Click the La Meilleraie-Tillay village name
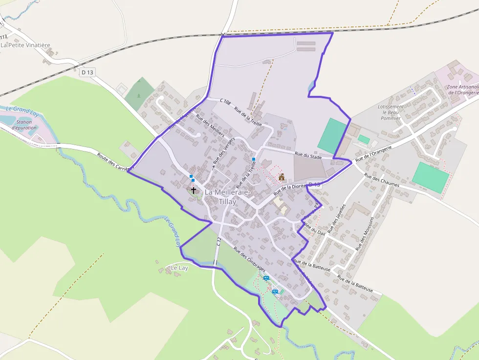227,196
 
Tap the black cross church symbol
194,190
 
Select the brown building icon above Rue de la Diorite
282,177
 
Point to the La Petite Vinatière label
26,45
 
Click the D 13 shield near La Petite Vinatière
87,72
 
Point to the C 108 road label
225,101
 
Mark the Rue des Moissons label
365,233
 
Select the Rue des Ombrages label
249,259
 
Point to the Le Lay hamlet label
179,268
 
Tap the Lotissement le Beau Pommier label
391,112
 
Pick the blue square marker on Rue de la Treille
254,159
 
